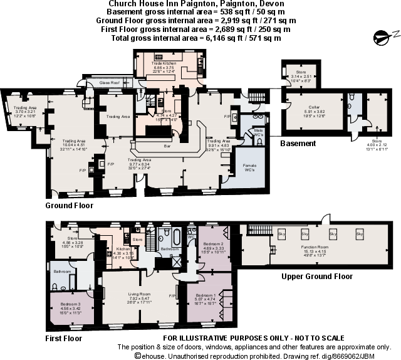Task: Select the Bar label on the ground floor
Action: tap(167, 146)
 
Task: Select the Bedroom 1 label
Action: tap(206, 295)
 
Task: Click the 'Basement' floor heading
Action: tap(298, 144)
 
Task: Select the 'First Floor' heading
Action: tap(63, 339)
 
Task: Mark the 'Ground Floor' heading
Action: tap(70, 205)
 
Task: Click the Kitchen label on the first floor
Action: tap(122, 249)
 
